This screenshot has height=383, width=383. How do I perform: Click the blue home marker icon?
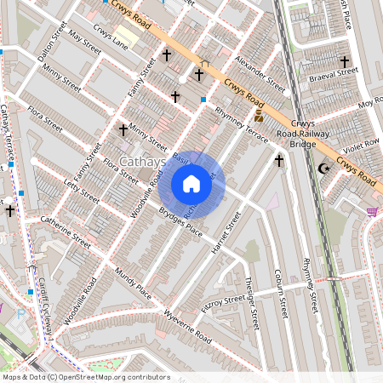[191, 183]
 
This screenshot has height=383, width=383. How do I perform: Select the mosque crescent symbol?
[322, 169]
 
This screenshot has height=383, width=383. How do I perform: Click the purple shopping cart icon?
[372, 211]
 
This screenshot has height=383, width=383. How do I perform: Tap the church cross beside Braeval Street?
[345, 62]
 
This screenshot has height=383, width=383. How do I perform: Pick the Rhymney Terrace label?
[242, 124]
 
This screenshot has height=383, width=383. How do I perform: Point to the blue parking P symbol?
[20, 314]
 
